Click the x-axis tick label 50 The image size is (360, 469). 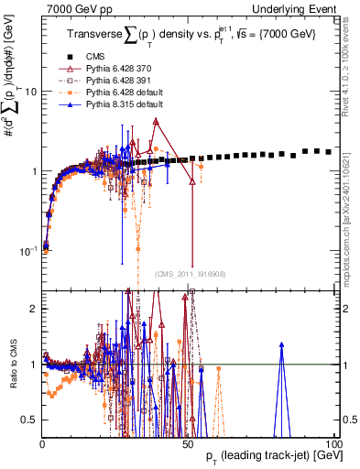pos(189,443)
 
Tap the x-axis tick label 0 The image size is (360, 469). pos(43,443)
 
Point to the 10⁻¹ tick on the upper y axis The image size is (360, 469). pos(27,249)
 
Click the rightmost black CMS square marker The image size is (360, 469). pos(328,151)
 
